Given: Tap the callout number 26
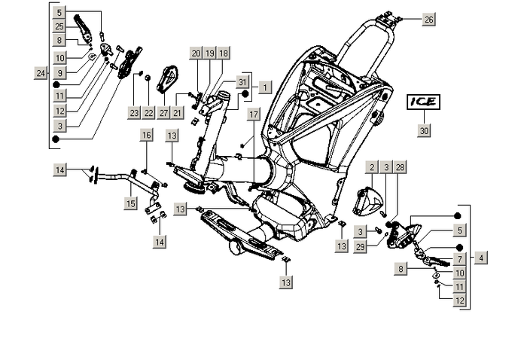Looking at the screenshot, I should click(428, 19).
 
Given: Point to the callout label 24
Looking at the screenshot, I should click(40, 73).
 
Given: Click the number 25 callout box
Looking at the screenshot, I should click(59, 26).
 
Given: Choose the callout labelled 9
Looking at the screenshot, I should click(59, 71).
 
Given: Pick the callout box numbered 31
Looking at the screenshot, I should click(242, 81).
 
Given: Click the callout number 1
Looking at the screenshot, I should click(265, 87).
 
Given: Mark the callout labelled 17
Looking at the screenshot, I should click(253, 114).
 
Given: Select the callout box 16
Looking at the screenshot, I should click(146, 135).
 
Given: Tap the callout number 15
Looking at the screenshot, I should click(131, 203).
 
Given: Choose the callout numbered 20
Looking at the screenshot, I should click(195, 53).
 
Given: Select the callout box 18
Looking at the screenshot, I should click(224, 53).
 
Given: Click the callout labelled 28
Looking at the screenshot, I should click(400, 167).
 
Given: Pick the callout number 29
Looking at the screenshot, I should click(361, 247).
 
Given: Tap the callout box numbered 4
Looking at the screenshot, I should click(480, 257).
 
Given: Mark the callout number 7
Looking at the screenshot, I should click(459, 258).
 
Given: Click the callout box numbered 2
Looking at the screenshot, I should click(371, 167).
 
